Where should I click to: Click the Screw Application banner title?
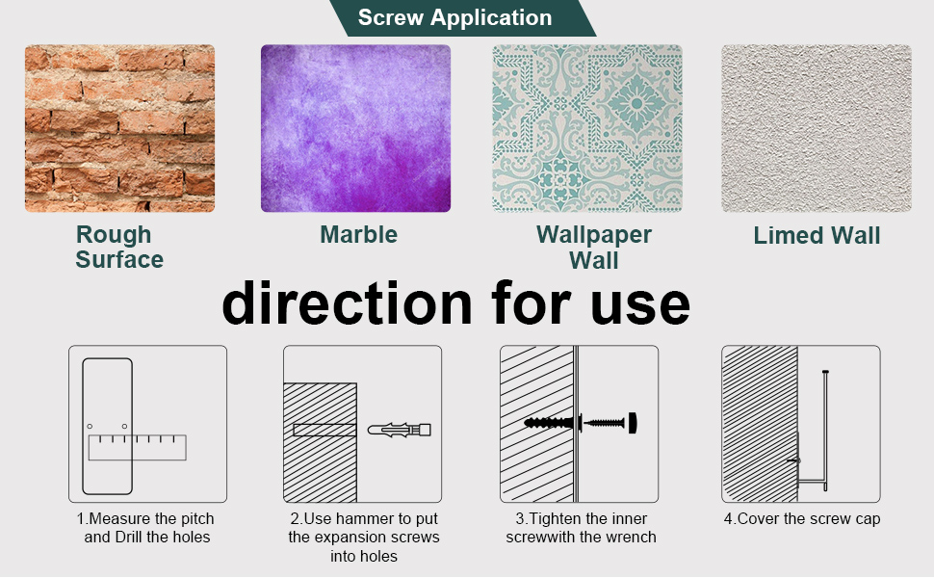point(454,17)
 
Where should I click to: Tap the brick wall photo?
point(119,128)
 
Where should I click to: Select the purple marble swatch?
point(355,128)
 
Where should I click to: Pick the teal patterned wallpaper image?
point(587,128)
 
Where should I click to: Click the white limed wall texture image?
point(817,128)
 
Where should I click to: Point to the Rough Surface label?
point(119,247)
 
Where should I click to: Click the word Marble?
point(358,234)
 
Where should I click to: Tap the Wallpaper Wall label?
point(593,247)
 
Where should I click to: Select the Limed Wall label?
point(817,236)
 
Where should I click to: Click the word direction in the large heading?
point(348,302)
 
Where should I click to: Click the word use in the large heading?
point(641,302)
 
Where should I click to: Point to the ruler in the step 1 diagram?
point(137,447)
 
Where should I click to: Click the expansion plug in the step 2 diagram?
point(399,429)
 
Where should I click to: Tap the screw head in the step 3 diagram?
point(633,422)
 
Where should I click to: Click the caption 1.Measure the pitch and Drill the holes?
point(146,528)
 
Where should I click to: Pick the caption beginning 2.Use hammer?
point(364,537)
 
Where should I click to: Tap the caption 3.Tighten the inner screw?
point(581,528)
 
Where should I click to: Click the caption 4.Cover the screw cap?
point(801,519)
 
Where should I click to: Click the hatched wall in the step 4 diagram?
point(759,424)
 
